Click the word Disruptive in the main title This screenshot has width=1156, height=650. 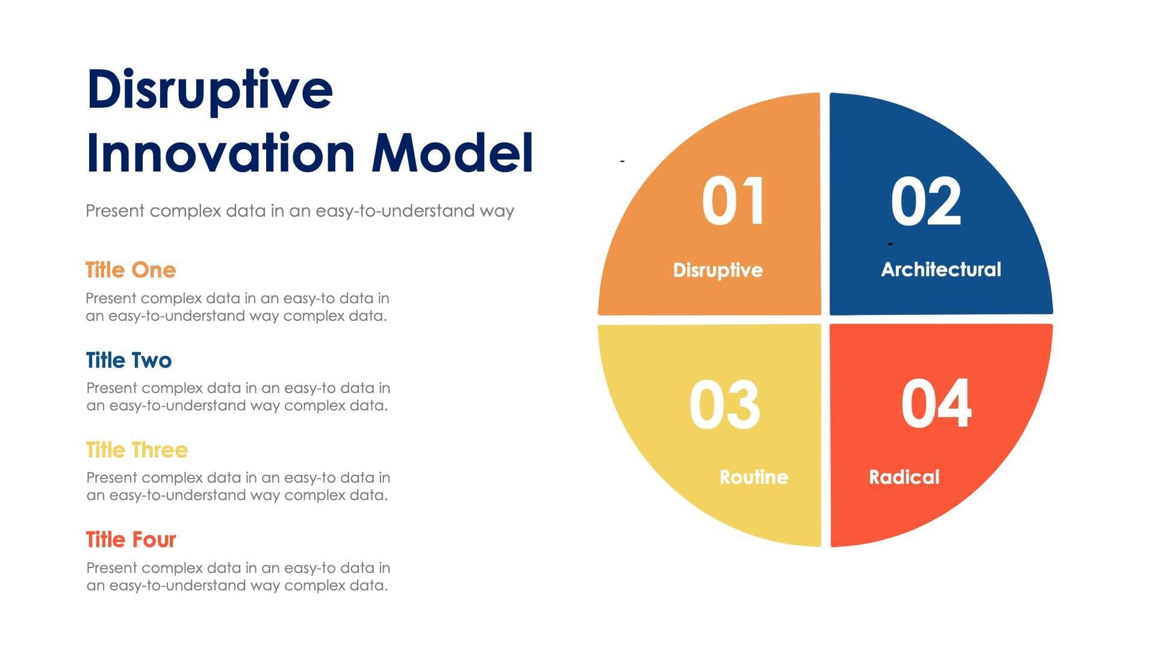(210, 90)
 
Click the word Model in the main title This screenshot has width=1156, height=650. (452, 153)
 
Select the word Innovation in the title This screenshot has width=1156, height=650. (220, 153)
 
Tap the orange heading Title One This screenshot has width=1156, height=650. (131, 270)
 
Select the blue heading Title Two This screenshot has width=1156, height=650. (129, 361)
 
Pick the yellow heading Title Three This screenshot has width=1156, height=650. (137, 450)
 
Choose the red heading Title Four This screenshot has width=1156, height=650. (131, 540)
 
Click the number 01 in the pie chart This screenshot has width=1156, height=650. (733, 202)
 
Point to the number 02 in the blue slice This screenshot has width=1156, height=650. (926, 202)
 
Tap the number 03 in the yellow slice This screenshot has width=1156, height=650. (724, 405)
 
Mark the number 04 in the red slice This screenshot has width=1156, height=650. (936, 404)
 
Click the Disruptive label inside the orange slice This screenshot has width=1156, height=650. (718, 270)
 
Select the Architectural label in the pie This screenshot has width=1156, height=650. (940, 269)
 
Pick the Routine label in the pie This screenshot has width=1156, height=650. (754, 477)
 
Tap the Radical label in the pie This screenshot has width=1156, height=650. (904, 477)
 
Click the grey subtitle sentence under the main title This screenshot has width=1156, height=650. (300, 211)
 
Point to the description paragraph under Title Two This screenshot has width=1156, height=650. (238, 397)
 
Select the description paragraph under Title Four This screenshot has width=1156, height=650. (238, 577)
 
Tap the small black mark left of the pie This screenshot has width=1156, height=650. (623, 161)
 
